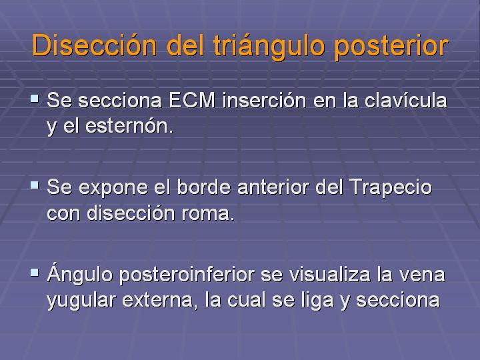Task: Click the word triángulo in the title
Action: (x=269, y=47)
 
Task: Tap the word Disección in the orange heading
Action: (x=95, y=45)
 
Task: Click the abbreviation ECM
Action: (x=192, y=101)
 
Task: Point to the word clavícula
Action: (x=405, y=100)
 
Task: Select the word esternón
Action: (x=129, y=125)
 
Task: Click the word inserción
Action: (x=264, y=100)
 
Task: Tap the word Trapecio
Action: (x=391, y=187)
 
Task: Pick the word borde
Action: (x=203, y=187)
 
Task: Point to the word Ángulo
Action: (x=80, y=273)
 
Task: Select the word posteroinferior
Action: (x=187, y=274)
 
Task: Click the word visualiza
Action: (x=330, y=274)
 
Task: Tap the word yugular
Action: (x=81, y=301)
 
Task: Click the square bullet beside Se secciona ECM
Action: (x=35, y=99)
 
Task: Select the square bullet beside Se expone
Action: (x=35, y=185)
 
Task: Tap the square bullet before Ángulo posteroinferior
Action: (x=35, y=273)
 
